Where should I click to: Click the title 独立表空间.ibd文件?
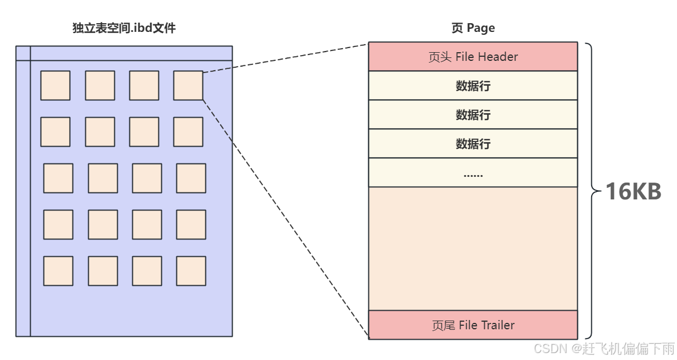pos(124,28)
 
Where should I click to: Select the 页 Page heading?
pos(473,28)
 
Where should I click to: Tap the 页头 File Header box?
pos(473,56)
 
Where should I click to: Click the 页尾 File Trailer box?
pos(473,325)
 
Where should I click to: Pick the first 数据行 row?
pos(473,86)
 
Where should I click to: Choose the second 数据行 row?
pos(473,115)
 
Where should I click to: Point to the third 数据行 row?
pos(473,144)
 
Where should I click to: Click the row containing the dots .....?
pos(473,173)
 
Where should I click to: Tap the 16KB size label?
pos(633,191)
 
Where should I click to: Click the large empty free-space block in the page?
pos(473,248)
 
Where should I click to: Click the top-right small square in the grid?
pos(188,85)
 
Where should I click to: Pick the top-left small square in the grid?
pos(55,85)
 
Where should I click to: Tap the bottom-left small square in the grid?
pos(58,271)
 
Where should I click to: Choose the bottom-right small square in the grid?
pos(191,271)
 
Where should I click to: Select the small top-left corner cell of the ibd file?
pos(23,53)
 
